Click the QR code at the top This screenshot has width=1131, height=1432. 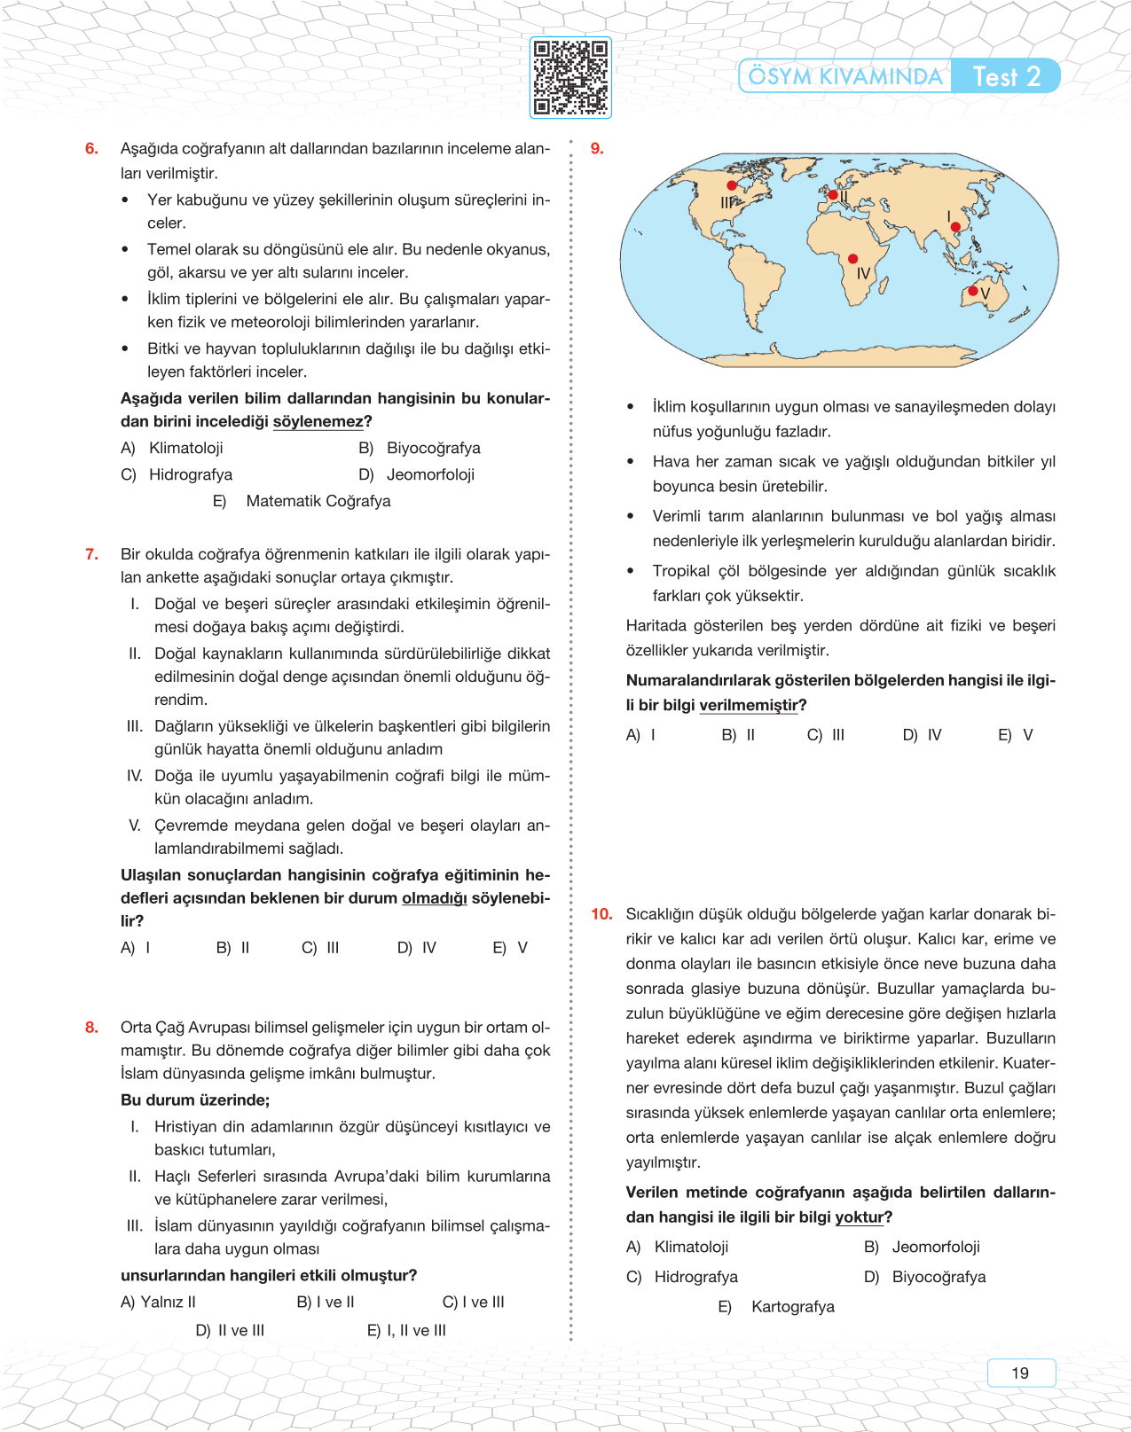(x=570, y=77)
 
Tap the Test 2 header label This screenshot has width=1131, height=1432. (x=1006, y=76)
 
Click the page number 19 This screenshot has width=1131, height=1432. (x=1020, y=1373)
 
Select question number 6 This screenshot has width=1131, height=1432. (x=91, y=149)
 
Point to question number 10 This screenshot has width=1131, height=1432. (x=601, y=914)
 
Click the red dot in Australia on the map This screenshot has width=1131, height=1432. (x=973, y=291)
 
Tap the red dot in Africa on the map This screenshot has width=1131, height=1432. (x=852, y=259)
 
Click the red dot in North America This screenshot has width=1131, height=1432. (x=732, y=185)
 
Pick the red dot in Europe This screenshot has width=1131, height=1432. (x=833, y=195)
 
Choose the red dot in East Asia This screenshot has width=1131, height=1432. (x=955, y=227)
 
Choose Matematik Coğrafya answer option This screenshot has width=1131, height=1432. (x=318, y=501)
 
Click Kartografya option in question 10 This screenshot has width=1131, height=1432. (x=792, y=1306)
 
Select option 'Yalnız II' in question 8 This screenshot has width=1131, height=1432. (x=158, y=1302)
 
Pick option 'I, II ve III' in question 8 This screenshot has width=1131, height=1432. (x=406, y=1330)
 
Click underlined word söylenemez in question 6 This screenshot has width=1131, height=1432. (x=318, y=422)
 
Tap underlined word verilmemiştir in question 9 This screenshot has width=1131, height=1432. (x=748, y=705)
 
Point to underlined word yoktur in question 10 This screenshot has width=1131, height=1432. (x=859, y=1217)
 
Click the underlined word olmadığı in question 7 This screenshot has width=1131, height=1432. (x=434, y=898)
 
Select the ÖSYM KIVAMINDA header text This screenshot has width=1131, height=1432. (x=844, y=76)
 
